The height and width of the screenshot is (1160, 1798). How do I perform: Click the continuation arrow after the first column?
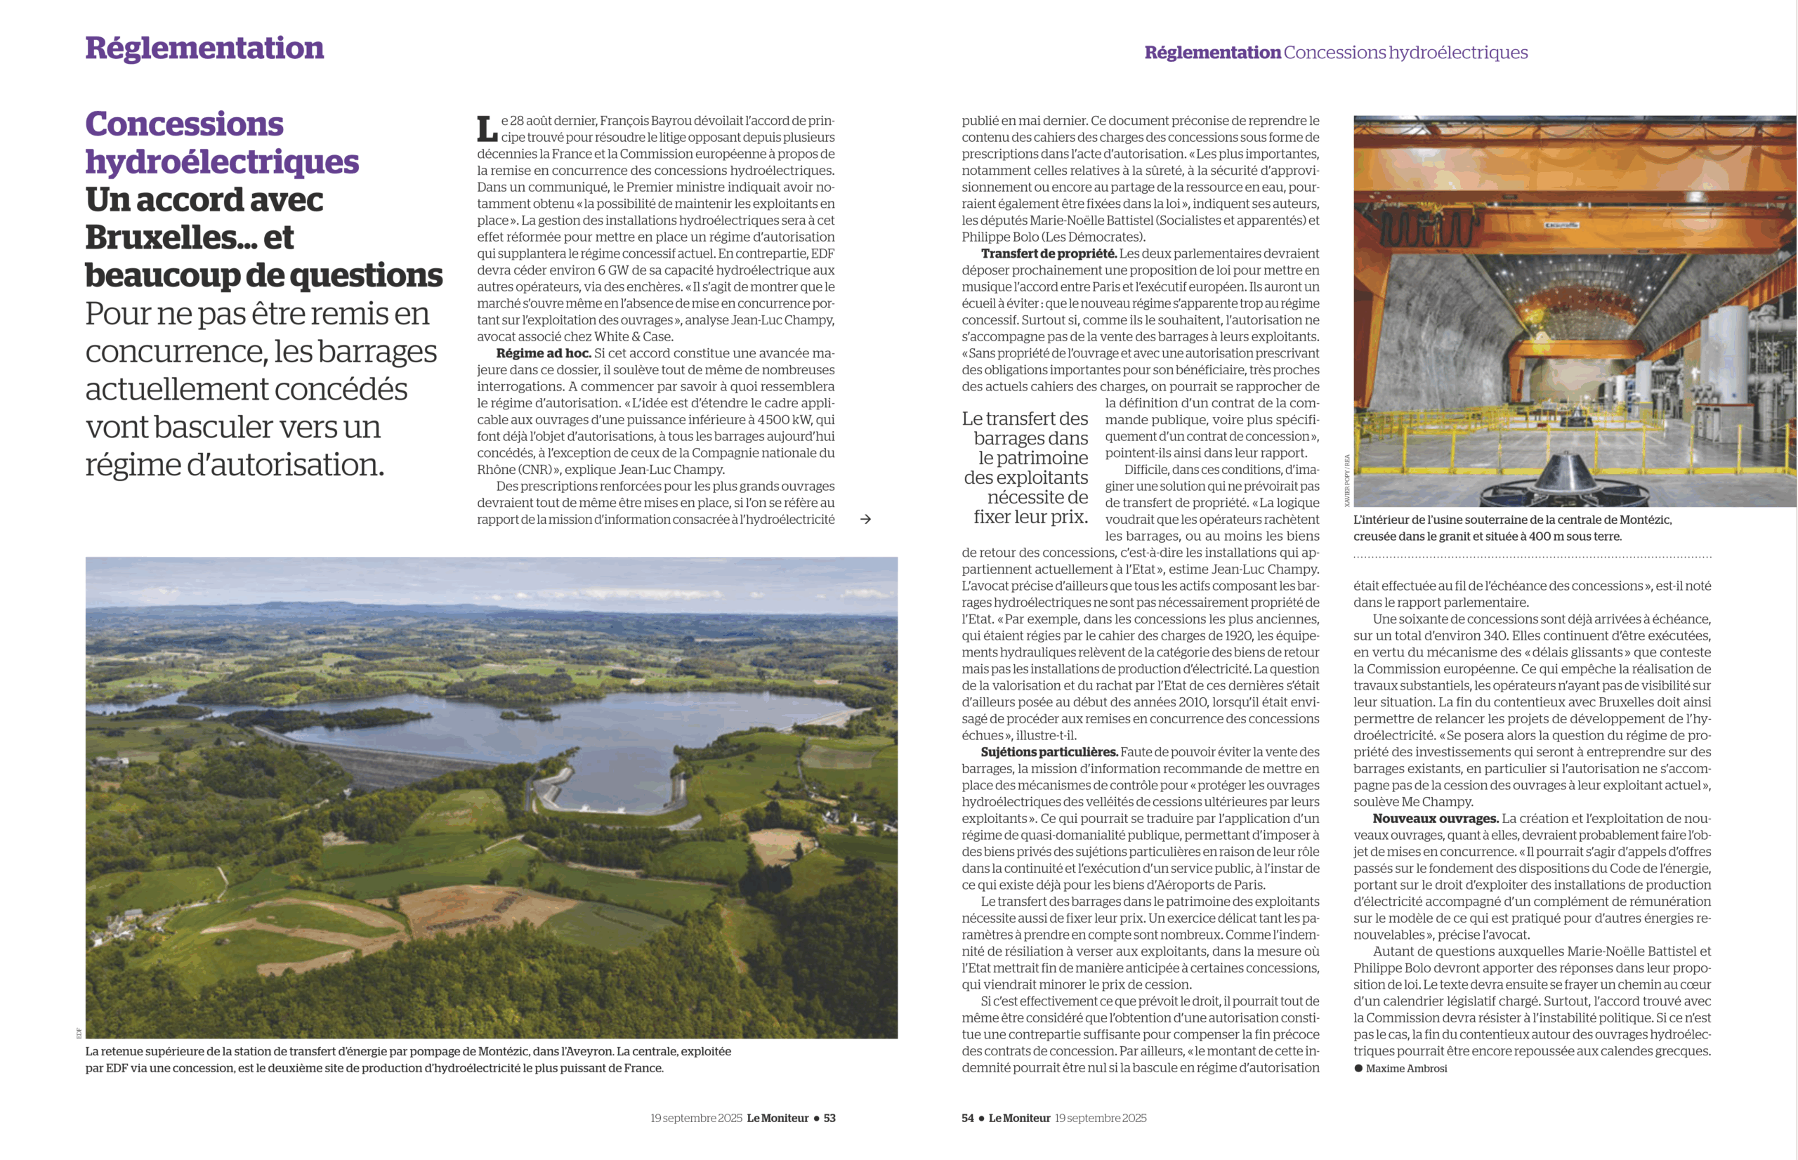tap(865, 519)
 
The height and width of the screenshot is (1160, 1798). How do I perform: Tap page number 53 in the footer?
tap(829, 1118)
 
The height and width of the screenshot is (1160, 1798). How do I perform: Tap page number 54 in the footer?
tap(967, 1118)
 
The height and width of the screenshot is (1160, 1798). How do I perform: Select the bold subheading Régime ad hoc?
tap(543, 353)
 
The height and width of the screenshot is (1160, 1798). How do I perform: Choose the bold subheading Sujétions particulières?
tap(1049, 752)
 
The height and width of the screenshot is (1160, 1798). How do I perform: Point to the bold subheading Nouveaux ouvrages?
tap(1435, 819)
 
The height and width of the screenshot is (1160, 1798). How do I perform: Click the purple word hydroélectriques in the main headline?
tap(222, 162)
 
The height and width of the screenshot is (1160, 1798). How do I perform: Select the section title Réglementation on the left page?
tap(204, 48)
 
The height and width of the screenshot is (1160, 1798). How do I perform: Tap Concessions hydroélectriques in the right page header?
tap(1405, 53)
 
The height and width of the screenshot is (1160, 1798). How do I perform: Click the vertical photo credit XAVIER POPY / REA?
tap(1347, 480)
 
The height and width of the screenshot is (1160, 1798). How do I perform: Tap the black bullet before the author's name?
tap(1358, 1068)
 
